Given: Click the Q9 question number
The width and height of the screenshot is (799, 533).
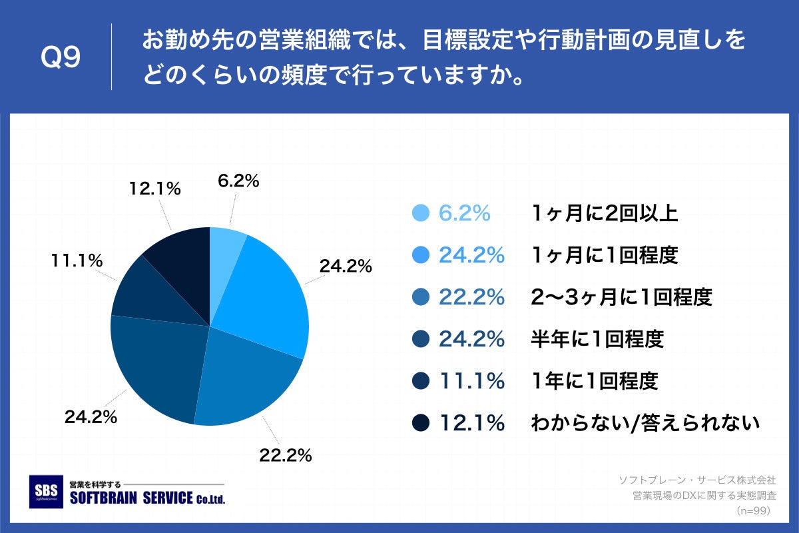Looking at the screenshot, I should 61,57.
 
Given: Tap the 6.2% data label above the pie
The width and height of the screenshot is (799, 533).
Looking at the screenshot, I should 238,181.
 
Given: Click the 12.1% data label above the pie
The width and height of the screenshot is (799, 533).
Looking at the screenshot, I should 154,189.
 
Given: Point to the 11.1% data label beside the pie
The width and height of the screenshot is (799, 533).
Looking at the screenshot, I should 77,261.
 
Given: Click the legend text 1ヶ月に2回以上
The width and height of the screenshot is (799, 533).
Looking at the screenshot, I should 605,213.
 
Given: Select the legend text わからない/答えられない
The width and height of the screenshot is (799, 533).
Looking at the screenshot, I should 645,423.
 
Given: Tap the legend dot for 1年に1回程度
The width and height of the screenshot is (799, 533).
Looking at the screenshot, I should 420,381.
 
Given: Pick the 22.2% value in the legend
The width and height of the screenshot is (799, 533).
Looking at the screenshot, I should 471,297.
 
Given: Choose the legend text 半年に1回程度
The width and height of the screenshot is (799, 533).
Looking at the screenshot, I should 597,339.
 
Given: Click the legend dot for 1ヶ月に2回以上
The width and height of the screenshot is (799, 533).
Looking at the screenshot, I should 420,213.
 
